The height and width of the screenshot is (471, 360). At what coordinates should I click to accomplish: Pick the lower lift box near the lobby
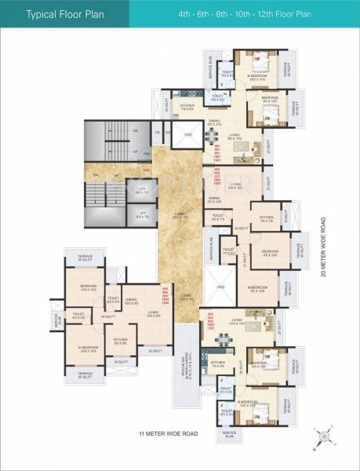(x=142, y=214)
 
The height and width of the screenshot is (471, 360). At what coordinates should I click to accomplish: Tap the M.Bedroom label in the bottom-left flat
(x=86, y=349)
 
